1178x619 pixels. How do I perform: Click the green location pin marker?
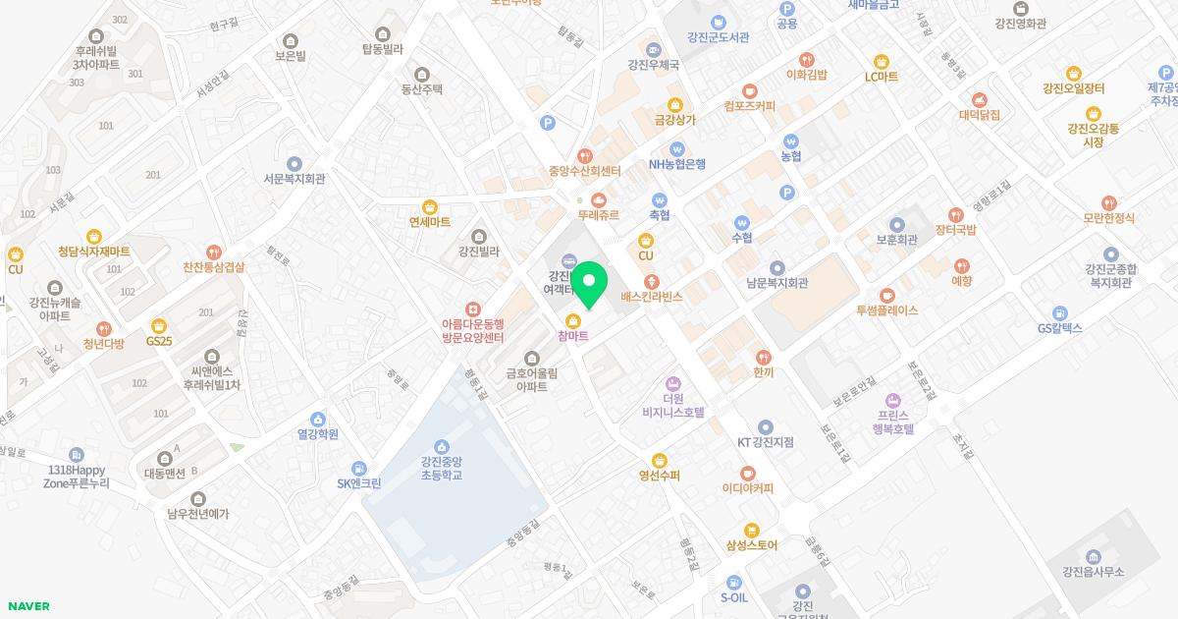coord(588,285)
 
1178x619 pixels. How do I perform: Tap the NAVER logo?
coord(27,606)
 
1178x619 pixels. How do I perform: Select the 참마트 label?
coord(573,337)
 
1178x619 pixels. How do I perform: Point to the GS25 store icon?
coord(159,325)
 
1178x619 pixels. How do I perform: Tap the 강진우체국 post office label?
coord(654,65)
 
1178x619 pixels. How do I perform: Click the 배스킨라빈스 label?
coord(652,297)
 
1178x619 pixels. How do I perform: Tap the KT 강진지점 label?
coord(766,442)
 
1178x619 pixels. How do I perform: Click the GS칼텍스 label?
coord(1060,328)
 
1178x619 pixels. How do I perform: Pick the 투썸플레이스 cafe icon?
coord(886,295)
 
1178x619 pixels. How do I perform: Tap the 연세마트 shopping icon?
coord(429,206)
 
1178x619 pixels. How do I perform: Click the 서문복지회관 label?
coord(294,179)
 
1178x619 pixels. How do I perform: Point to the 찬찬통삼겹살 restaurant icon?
coord(214,252)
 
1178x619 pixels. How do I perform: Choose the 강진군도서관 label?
coord(719,37)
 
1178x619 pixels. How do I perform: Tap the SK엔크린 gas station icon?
coord(359,468)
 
